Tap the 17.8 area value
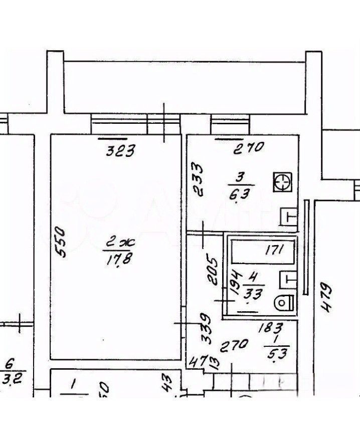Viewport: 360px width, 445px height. point(116,262)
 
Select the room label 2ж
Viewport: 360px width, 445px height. point(117,245)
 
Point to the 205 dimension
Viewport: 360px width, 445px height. point(212,271)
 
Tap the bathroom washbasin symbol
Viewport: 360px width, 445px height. point(286,277)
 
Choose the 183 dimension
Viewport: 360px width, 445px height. point(271,329)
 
